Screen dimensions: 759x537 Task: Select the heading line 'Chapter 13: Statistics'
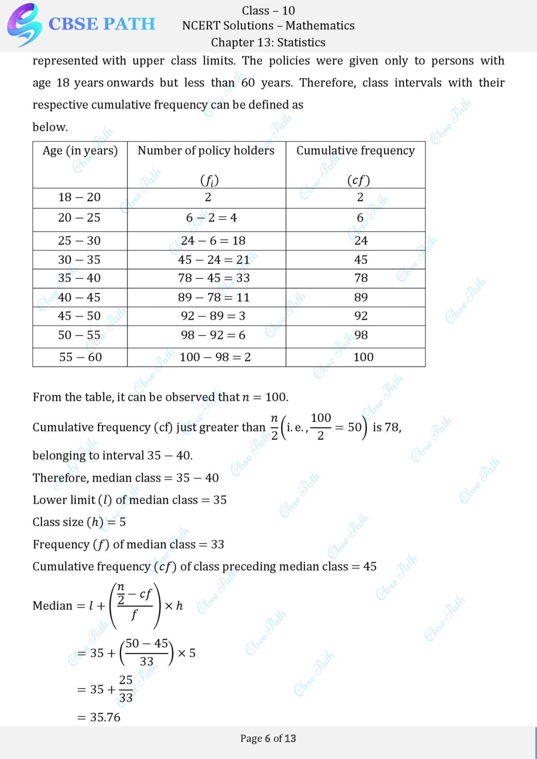click(268, 42)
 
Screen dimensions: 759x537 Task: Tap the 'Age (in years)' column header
click(80, 151)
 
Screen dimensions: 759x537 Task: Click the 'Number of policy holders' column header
click(206, 151)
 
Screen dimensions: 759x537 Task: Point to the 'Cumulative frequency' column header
click(356, 151)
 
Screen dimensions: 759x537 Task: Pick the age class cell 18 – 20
click(79, 198)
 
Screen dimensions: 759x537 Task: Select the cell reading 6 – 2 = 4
click(211, 218)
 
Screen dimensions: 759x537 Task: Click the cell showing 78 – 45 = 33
click(214, 278)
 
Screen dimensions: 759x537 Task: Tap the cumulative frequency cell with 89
click(361, 297)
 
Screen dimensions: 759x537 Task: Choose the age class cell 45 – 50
click(79, 316)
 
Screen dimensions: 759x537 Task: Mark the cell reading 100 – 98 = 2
click(215, 357)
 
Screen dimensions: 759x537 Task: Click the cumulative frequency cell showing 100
click(363, 357)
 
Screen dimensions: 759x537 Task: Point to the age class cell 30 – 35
click(79, 260)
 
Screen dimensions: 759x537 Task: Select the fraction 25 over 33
click(126, 689)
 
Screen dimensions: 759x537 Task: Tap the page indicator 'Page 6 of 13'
click(268, 739)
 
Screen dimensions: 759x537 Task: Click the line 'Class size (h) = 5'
click(79, 522)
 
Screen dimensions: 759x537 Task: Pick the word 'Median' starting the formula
click(52, 606)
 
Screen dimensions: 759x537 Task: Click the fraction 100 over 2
click(321, 426)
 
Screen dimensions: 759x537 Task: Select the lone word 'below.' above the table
click(50, 127)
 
